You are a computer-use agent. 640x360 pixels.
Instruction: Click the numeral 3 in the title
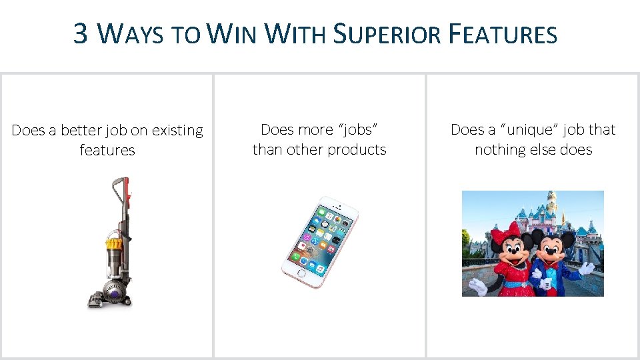tap(81, 33)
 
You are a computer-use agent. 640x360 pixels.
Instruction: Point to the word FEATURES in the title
tap(503, 33)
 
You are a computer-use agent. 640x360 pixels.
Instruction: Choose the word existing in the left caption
tap(177, 131)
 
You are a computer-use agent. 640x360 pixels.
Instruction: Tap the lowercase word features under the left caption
tap(107, 150)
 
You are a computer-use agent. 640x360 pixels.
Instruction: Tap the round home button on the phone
tap(302, 273)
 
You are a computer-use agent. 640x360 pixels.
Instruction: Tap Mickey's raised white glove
tap(586, 268)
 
